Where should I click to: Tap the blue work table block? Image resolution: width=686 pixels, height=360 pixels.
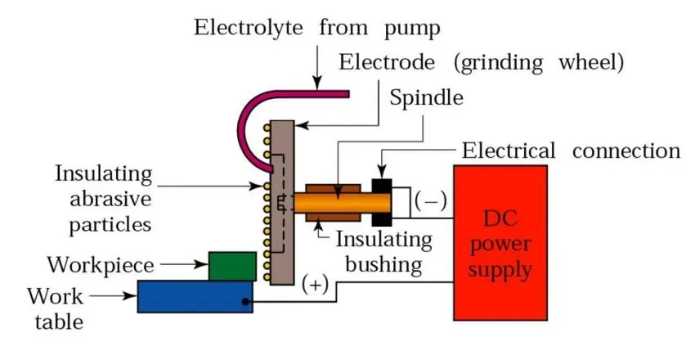195,295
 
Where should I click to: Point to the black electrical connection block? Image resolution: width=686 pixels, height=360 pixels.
382,200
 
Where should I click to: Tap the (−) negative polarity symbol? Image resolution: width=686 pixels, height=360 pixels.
425,200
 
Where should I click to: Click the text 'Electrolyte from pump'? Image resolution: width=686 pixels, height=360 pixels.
316,28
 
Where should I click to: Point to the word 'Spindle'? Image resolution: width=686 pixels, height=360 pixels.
426,98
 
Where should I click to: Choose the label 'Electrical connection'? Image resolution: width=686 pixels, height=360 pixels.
571,151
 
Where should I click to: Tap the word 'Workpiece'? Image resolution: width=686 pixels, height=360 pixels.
89,265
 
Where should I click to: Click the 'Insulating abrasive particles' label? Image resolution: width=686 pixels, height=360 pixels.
104,198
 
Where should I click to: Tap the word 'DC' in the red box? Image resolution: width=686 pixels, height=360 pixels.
501,220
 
